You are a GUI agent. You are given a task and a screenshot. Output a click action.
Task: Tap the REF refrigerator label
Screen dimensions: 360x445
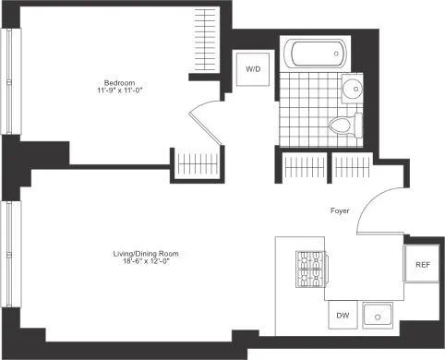423,265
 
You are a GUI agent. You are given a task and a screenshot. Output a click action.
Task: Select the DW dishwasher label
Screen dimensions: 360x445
343,316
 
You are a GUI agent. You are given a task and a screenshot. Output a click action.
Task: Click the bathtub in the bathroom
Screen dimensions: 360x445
314,53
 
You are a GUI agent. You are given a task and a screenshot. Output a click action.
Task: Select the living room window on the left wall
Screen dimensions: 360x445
10,249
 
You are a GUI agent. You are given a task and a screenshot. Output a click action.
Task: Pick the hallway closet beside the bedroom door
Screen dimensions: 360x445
195,164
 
